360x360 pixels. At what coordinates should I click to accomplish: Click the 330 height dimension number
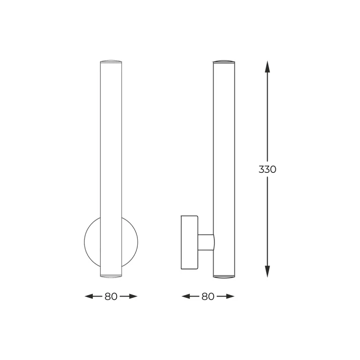point(267,170)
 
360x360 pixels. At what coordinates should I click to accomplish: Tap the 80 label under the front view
point(111,297)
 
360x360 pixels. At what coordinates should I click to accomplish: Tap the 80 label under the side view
point(208,297)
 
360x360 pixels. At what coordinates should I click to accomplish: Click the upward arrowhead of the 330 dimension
point(267,67)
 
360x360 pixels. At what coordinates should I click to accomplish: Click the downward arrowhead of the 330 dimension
point(267,271)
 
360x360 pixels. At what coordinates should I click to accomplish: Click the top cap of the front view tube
point(111,61)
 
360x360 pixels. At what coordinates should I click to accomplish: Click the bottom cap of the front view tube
point(111,274)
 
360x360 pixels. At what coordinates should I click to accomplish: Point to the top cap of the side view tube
point(224,61)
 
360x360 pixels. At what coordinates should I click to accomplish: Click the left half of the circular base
point(92,242)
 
